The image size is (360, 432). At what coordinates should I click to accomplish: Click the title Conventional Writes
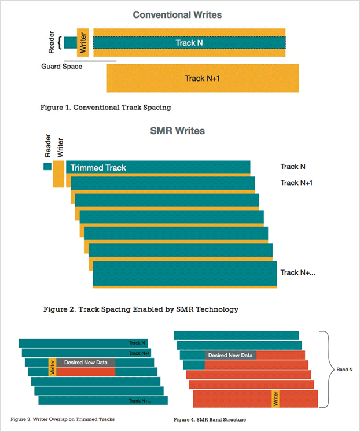click(177, 15)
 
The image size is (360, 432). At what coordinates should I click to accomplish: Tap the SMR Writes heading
click(178, 131)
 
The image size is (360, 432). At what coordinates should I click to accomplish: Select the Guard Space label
click(62, 67)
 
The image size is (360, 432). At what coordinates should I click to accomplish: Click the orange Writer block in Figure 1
click(83, 42)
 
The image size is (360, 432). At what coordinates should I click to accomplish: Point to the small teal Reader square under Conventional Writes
click(70, 43)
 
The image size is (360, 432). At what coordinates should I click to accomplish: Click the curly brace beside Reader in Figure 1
click(60, 43)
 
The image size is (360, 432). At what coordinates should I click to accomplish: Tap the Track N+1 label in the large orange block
click(203, 79)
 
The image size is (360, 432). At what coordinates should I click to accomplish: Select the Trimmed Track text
click(98, 168)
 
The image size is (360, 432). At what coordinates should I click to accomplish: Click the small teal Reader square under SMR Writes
click(47, 166)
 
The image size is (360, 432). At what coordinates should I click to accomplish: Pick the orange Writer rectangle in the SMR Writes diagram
click(58, 174)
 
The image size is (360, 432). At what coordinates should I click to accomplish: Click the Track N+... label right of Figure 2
click(298, 272)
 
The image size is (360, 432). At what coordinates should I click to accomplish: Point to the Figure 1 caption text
click(105, 108)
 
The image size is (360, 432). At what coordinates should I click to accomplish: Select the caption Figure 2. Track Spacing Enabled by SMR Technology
click(141, 309)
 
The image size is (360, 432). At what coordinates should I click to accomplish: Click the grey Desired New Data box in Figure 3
click(86, 362)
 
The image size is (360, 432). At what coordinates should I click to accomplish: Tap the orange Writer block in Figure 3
click(52, 367)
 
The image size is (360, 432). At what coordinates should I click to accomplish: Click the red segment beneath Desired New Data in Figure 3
click(86, 372)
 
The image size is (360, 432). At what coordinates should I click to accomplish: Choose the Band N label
click(344, 370)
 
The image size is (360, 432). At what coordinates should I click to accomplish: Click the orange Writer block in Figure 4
click(275, 398)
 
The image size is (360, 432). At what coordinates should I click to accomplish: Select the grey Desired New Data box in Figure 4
click(230, 355)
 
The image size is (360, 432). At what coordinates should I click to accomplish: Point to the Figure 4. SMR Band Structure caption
click(210, 420)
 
